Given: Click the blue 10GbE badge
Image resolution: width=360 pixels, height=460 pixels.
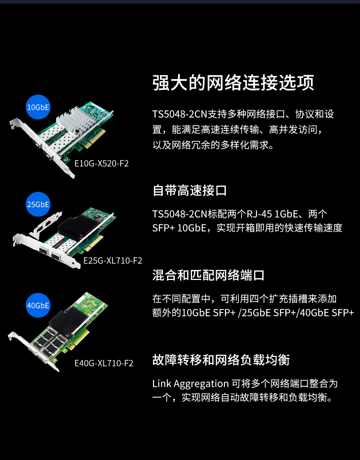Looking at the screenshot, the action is coord(38,107).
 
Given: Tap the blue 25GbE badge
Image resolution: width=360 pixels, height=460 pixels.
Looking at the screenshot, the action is coord(38,204).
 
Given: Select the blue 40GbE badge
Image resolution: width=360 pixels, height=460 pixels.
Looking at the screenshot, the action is coord(38,305).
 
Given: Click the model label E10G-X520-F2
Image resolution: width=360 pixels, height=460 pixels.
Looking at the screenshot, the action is coord(101,163).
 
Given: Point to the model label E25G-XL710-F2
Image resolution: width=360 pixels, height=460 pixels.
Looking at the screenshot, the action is coord(113,261).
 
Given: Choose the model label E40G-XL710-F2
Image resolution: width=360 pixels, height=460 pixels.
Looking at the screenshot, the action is coord(104,363).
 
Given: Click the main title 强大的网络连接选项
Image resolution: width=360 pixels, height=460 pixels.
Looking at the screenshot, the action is coord(233,83).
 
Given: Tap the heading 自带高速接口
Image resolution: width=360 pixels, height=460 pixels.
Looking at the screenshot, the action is coord(190,191).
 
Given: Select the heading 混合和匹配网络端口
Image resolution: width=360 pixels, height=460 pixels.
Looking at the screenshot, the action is coord(208,275).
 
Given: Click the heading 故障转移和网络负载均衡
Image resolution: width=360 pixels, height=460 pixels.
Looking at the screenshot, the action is coord(221,360).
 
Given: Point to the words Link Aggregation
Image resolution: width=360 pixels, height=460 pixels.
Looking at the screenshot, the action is coord(190,384).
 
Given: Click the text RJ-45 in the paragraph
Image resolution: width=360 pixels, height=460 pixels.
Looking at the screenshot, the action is coord(259,214).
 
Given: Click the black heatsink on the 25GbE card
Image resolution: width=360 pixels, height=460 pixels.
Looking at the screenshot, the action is coord(77,226).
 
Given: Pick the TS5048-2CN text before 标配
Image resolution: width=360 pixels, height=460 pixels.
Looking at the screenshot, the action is coord(180,214).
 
